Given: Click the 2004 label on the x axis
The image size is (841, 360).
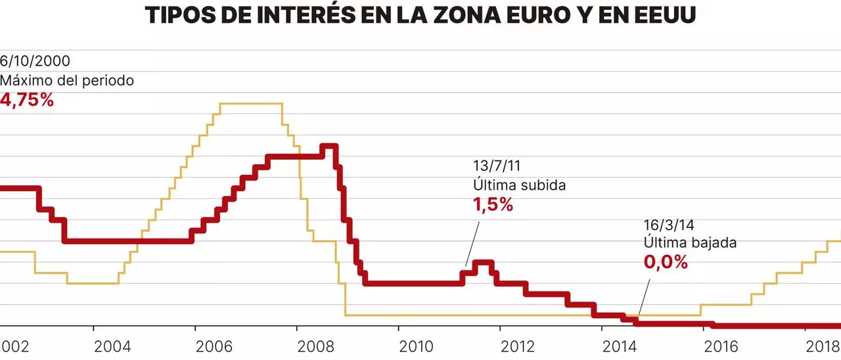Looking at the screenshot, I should tap(112, 346).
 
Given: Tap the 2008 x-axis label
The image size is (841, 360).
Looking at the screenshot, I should tap(315, 346).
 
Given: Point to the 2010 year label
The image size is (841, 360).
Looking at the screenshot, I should tap(416, 346).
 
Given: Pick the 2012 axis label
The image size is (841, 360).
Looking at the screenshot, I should tap(518, 346).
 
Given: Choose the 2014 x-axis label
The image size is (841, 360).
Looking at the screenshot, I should tap(619, 346).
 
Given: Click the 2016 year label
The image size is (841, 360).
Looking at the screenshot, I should tap(721, 346).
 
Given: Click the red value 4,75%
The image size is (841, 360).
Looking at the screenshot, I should tap(27, 101).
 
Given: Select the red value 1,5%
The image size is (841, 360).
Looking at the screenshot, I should tap(493, 205).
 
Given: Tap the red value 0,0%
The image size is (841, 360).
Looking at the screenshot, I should tap(666, 262).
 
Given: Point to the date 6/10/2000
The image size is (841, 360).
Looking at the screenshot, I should tap(35, 62).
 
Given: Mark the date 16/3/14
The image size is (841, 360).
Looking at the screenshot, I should tap(668, 223).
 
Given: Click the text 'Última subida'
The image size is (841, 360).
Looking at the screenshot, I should tap(519, 185).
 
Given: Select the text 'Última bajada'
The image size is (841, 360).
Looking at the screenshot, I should tap(690, 242).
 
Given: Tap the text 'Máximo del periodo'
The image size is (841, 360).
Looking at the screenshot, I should tap(67, 81).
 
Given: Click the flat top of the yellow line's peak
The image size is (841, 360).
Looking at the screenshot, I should tap(250, 103).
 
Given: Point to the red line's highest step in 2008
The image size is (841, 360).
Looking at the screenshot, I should tap(329, 146).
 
